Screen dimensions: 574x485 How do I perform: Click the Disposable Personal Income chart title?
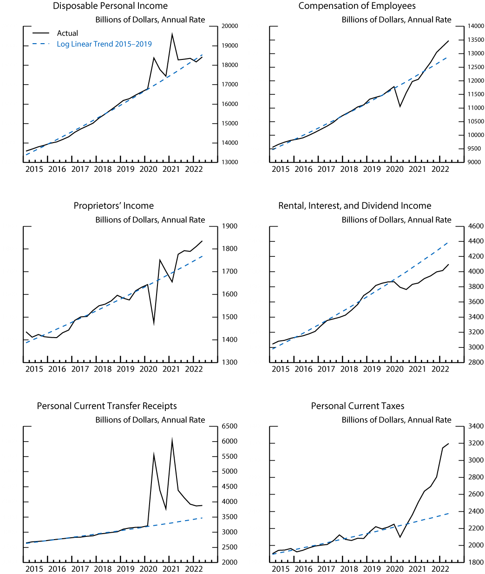pos(110,6)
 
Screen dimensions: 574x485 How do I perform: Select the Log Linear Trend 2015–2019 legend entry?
pos(104,44)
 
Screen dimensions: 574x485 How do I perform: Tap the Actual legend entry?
pos(67,33)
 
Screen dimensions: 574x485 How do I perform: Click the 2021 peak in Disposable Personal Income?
pos(172,34)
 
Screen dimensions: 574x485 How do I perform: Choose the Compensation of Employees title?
pos(357,6)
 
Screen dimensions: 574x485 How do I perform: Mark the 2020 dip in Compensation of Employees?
pos(400,106)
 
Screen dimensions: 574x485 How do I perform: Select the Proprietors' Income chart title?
pos(113,206)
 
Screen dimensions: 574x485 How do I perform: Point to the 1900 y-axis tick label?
pos(230,226)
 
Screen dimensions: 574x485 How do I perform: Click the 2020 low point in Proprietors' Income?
pos(154,323)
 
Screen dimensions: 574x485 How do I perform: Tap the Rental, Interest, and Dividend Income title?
pos(354,206)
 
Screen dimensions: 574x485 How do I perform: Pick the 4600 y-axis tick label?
pos(475,226)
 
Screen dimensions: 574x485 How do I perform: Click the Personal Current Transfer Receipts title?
pos(107,406)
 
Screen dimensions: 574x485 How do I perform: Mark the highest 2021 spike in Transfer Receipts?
pos(172,440)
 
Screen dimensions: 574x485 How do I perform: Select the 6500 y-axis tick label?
pos(230,426)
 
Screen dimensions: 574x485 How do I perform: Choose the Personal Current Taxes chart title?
pos(357,406)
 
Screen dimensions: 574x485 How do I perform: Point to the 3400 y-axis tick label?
pos(475,426)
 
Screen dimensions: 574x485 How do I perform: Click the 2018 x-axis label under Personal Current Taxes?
pos(349,569)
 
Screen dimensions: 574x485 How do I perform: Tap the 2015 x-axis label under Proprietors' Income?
pos(34,369)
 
